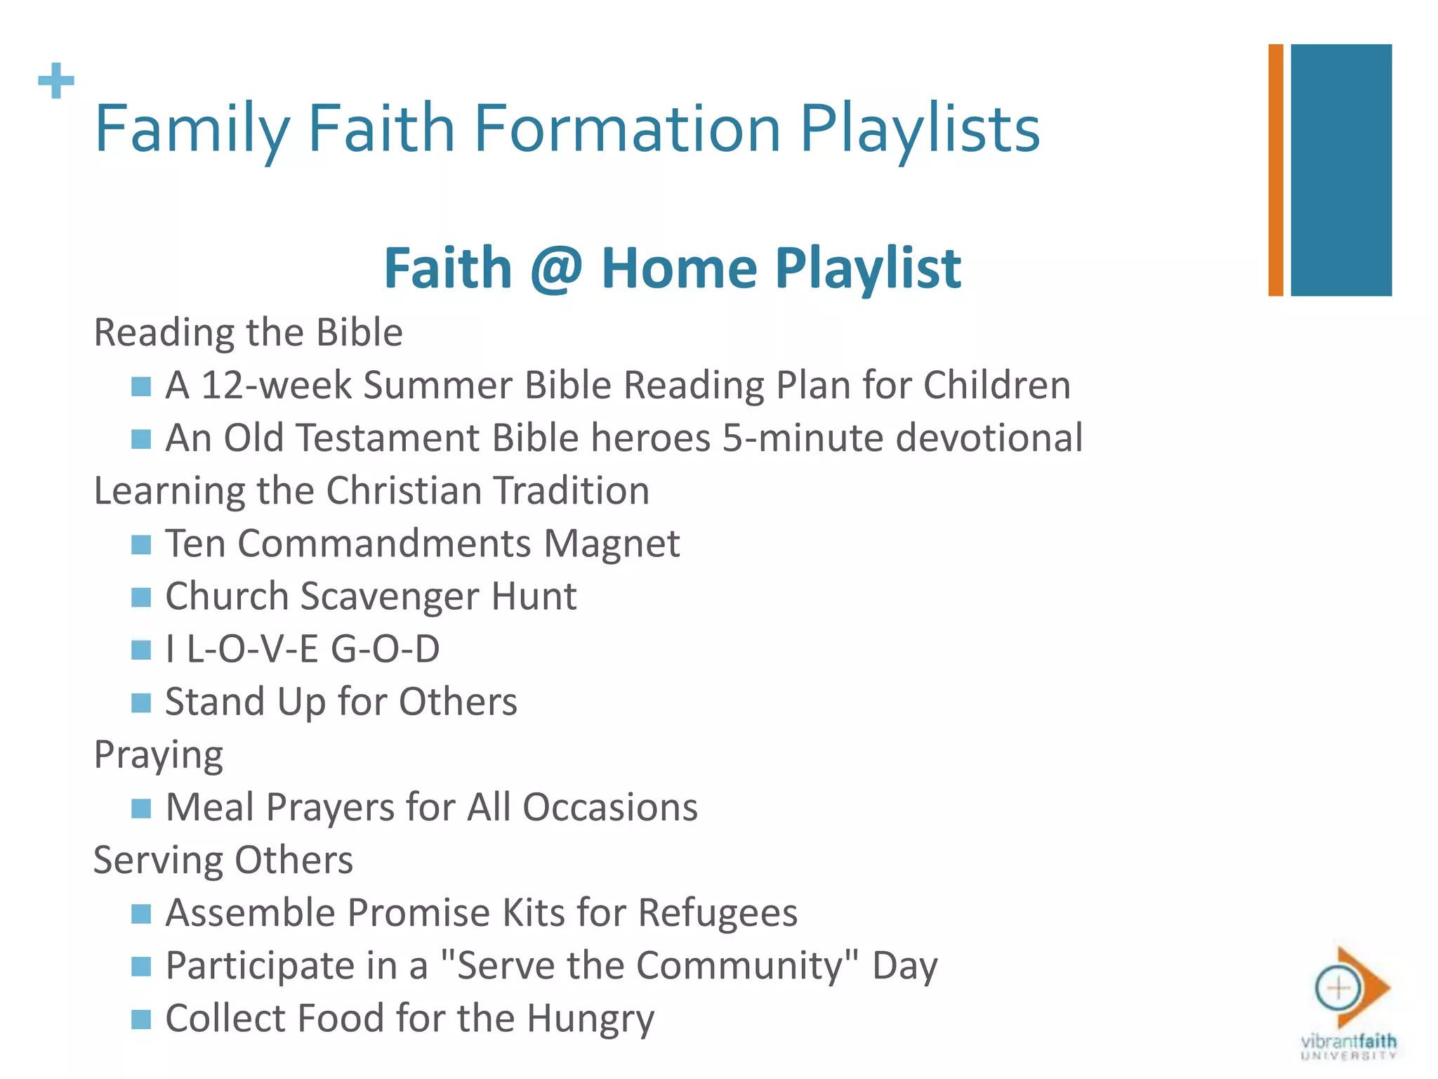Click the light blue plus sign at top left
click(56, 81)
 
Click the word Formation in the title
click(627, 129)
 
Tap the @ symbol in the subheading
click(556, 268)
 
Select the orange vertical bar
click(1275, 170)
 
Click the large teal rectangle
click(1340, 170)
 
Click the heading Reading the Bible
click(249, 332)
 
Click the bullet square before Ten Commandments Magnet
click(141, 544)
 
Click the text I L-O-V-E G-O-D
click(303, 649)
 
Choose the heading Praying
click(159, 755)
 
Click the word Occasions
click(609, 807)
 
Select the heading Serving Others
click(223, 861)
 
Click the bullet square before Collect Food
click(141, 1019)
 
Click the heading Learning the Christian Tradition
click(371, 491)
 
